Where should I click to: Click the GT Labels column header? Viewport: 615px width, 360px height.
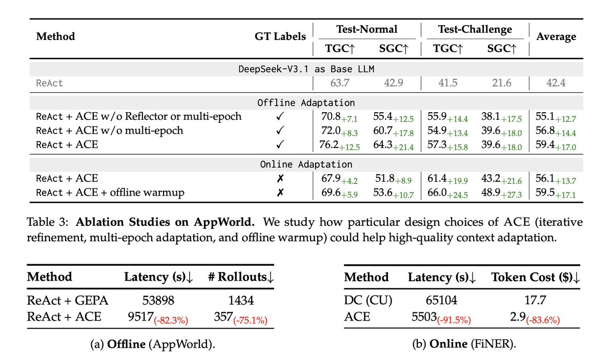[x=280, y=36]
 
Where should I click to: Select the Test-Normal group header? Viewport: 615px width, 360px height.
[x=367, y=29]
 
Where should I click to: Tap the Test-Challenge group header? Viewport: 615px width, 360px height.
[x=475, y=30]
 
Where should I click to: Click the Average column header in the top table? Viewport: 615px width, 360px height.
[x=556, y=37]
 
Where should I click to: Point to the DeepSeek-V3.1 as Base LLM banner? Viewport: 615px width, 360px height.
[x=306, y=69]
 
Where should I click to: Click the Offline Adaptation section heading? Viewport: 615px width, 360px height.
[x=306, y=103]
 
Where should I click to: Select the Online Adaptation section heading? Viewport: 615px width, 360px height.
[x=306, y=164]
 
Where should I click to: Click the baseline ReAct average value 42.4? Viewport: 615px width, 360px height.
[x=556, y=83]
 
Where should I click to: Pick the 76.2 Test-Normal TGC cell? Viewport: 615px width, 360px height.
[x=329, y=144]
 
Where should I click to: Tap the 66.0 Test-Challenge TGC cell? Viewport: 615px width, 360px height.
[x=437, y=193]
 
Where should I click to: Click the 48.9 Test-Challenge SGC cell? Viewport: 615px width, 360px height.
[x=491, y=193]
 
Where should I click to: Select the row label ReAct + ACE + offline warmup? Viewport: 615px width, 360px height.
[x=110, y=193]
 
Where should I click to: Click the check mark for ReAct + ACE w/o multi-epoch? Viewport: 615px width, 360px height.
[x=280, y=131]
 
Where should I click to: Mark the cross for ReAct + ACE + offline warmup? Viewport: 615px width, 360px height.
[x=280, y=193]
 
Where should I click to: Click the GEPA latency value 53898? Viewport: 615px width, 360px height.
[x=158, y=301]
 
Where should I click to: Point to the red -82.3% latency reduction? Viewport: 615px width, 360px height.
[x=171, y=320]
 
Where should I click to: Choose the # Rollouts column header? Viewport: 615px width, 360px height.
[x=241, y=277]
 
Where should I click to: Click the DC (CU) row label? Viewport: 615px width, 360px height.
[x=368, y=300]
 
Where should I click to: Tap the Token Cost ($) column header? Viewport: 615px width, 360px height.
[x=536, y=277]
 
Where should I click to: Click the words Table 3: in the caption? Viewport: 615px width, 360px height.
[x=47, y=222]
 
